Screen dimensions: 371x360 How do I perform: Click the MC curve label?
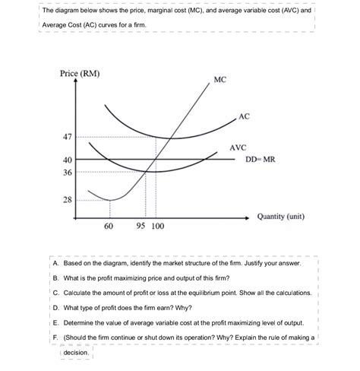(x=219, y=79)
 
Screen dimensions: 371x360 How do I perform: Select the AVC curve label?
(x=238, y=147)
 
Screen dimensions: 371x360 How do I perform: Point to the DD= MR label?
(x=259, y=160)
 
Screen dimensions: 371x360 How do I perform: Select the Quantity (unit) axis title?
(x=281, y=216)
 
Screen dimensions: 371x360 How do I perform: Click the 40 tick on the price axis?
(x=66, y=160)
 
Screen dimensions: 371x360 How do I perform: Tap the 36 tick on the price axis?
(x=66, y=173)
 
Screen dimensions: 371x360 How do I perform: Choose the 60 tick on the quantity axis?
(x=108, y=227)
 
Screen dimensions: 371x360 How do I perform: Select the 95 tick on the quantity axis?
(x=141, y=227)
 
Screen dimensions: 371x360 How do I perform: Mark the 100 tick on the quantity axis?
(x=158, y=227)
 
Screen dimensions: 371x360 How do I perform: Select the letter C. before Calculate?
(x=56, y=292)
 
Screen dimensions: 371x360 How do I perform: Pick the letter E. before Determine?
(x=56, y=322)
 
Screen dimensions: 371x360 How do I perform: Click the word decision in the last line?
(x=77, y=354)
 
